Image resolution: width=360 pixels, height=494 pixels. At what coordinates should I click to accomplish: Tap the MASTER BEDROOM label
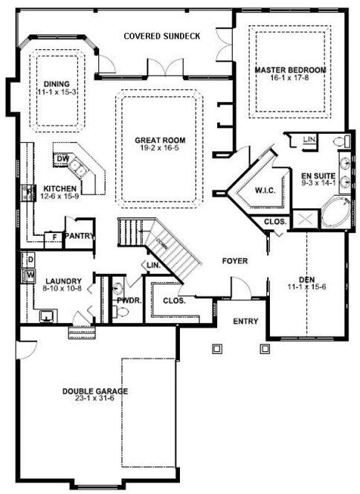291,70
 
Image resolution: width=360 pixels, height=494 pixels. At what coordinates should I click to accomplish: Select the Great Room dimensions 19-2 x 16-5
160,149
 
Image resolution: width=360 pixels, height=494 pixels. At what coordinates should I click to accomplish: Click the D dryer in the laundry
30,260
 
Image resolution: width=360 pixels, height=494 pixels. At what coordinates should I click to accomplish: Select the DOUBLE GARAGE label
95,391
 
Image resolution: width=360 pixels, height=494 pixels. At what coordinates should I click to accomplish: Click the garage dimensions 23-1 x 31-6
95,400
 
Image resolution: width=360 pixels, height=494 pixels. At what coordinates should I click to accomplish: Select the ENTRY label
245,321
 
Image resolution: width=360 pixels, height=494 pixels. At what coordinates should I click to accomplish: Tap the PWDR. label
123,301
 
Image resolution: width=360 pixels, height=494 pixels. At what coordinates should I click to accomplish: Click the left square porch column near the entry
216,347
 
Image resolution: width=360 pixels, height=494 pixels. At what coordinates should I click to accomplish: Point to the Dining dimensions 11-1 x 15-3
55,93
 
